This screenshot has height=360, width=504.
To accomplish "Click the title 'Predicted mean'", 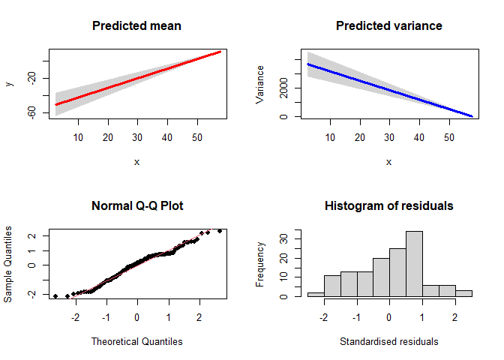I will [x=136, y=26].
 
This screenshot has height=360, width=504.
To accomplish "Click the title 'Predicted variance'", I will [x=388, y=26].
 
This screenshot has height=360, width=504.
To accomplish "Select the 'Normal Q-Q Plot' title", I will [x=136, y=205].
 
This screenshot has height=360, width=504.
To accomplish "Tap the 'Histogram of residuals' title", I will [x=388, y=205].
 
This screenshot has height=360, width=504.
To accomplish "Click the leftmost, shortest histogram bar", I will [x=316, y=294].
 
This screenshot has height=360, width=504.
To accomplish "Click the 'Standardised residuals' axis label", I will [x=388, y=341].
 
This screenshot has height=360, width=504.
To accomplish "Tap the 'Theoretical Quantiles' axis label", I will [x=136, y=341].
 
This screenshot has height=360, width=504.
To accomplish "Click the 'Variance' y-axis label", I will [x=261, y=83].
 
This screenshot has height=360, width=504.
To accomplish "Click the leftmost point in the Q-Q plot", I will [x=55, y=296].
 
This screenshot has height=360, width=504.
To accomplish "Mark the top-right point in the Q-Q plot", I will [x=220, y=231].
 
